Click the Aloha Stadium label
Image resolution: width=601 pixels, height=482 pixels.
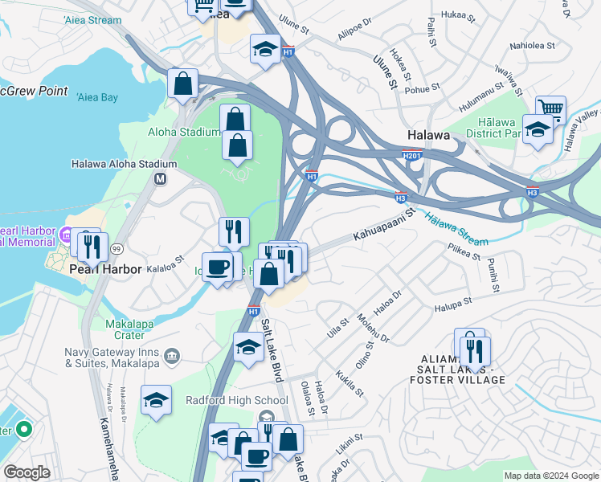pos(183,133)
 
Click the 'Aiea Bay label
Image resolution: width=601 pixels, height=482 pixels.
pos(97,97)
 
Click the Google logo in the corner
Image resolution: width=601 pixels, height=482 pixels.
pos(27,472)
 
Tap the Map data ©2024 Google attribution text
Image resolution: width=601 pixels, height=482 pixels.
pos(550,476)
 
